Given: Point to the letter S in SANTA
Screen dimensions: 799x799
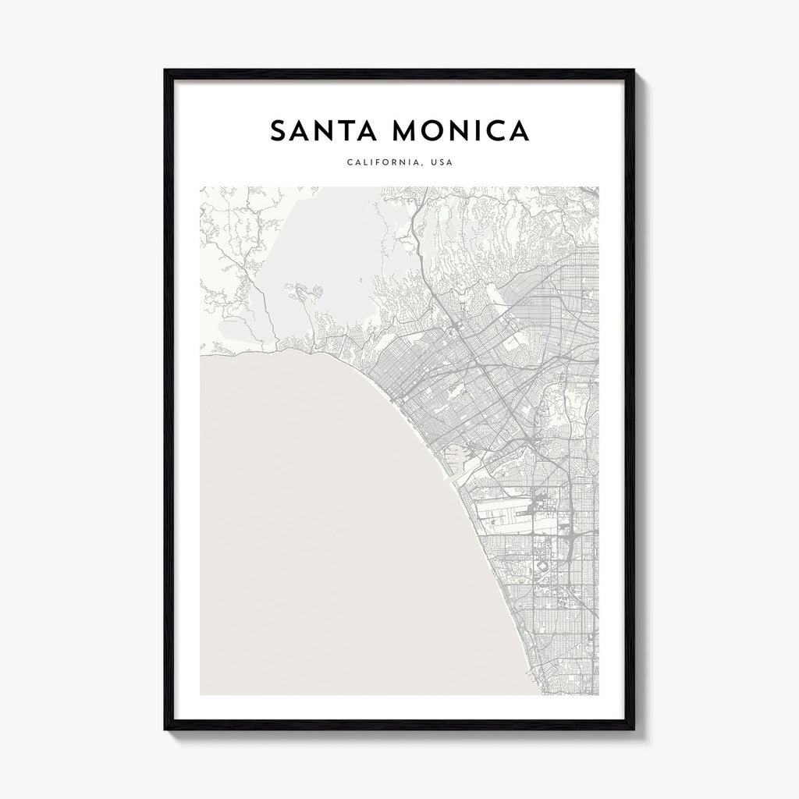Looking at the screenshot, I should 279,131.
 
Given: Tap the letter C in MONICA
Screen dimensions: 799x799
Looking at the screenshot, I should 494,131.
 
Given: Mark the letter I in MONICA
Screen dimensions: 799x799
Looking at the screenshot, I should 478,131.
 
